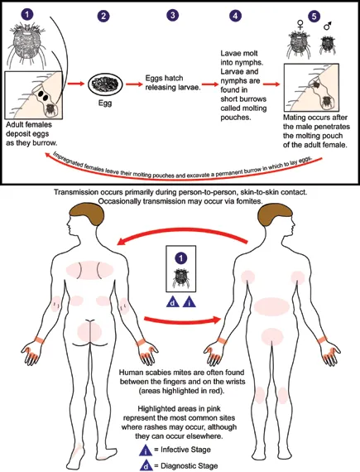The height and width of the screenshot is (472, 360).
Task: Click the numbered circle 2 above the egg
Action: point(103,16)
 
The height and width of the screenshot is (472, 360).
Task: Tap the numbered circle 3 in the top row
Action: point(172,16)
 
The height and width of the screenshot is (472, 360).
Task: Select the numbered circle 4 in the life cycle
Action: point(236,16)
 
